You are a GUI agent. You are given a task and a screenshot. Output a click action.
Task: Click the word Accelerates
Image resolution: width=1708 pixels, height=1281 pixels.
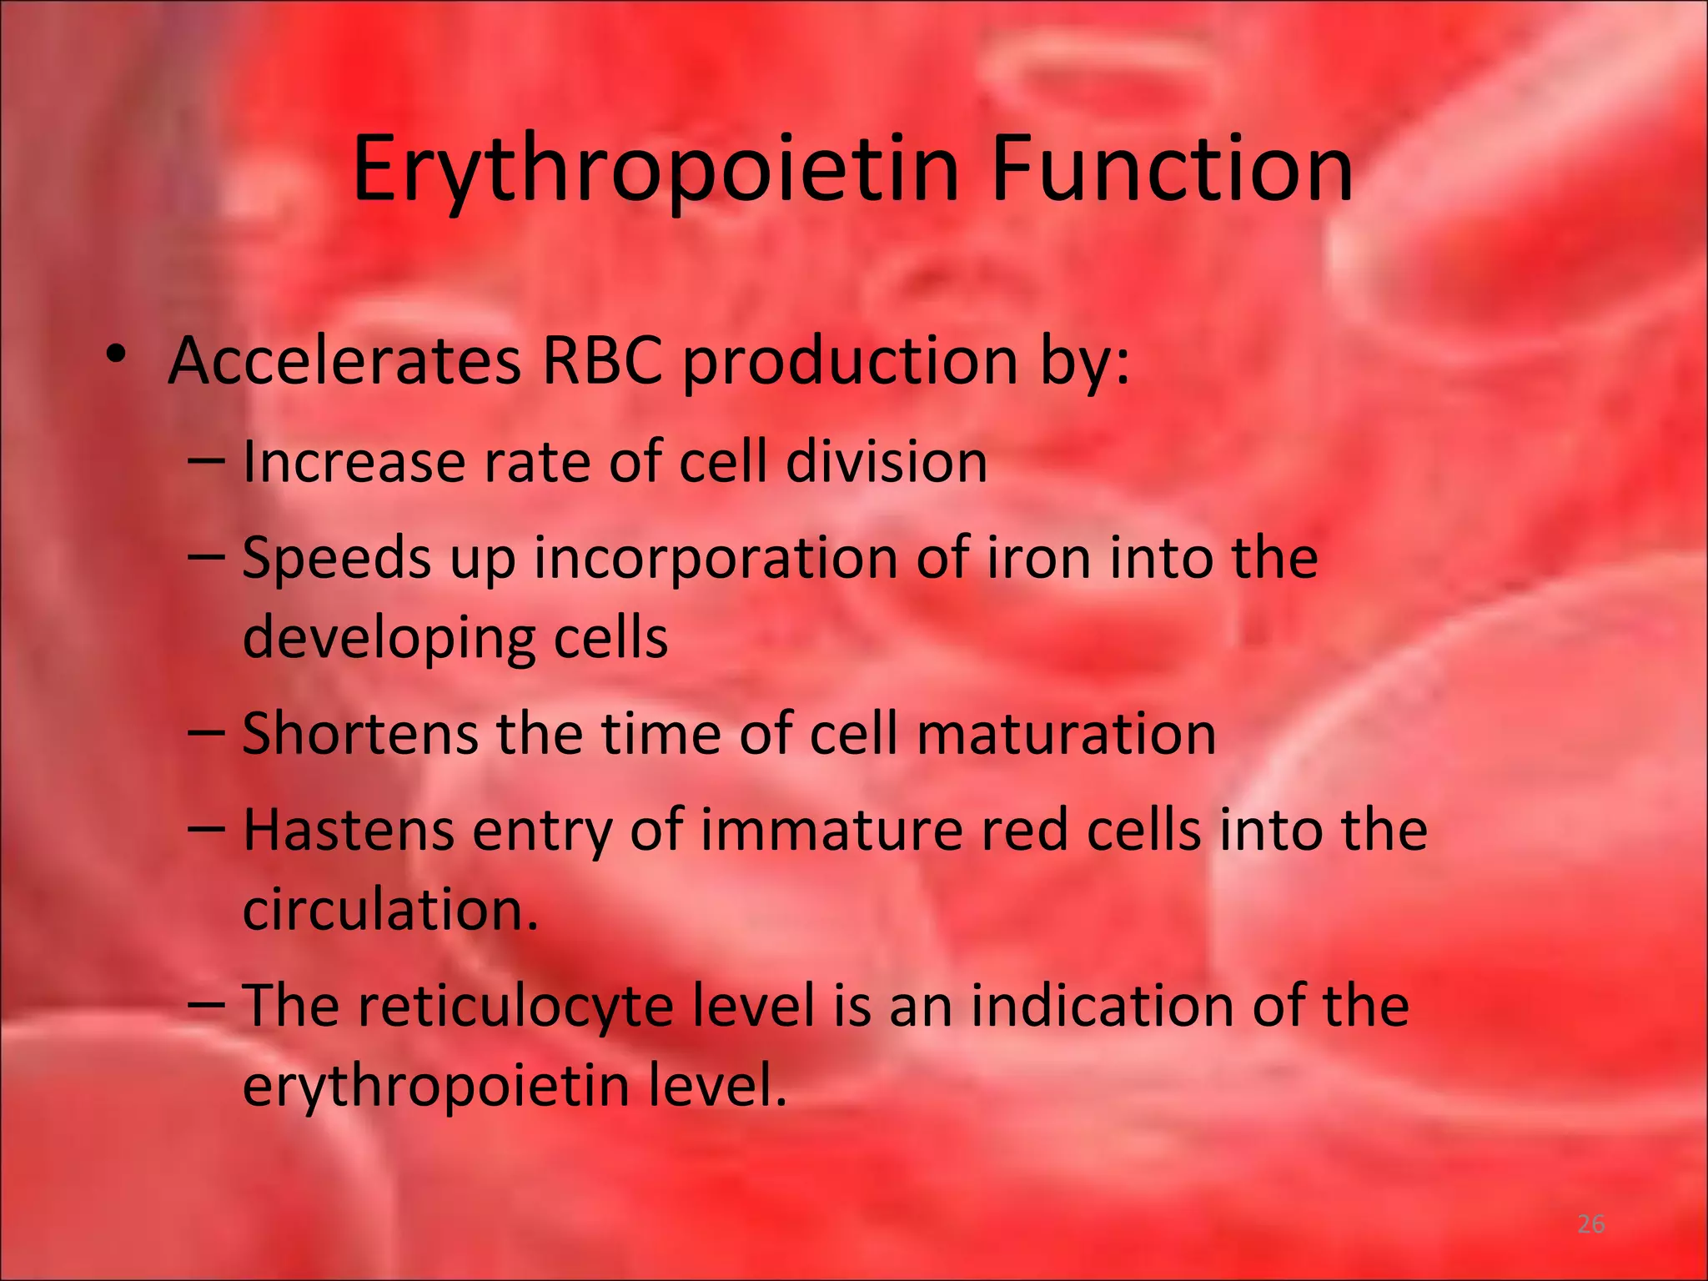pyautogui.click(x=344, y=361)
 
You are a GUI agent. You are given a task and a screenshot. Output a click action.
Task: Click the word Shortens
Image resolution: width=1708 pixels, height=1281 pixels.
pyautogui.click(x=359, y=734)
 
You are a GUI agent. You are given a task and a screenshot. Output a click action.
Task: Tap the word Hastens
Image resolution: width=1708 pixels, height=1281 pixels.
pyautogui.click(x=349, y=830)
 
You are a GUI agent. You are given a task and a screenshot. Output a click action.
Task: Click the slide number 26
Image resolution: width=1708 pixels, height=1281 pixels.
pyautogui.click(x=1591, y=1224)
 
